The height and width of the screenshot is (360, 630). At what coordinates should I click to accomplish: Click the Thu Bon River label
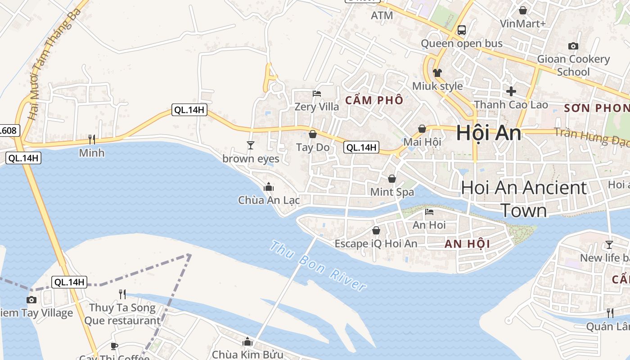[x=318, y=265]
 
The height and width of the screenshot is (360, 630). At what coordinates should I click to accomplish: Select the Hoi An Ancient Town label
[x=524, y=198]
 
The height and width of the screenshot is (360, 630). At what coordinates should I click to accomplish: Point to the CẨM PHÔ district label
[x=374, y=100]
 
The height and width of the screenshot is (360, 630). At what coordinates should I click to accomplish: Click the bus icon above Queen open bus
[x=461, y=30]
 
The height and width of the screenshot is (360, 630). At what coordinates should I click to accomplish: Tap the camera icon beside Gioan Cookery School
[x=573, y=46]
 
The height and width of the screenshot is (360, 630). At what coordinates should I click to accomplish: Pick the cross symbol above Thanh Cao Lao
[x=511, y=91]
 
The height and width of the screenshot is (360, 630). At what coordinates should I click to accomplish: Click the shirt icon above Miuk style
[x=437, y=72]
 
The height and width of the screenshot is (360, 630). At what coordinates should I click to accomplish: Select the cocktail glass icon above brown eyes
[x=251, y=145]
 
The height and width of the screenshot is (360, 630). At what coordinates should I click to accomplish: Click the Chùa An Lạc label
[x=269, y=200]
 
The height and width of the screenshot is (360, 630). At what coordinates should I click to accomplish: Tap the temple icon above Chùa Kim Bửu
[x=247, y=342]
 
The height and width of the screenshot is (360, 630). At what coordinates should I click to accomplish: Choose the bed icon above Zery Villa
[x=317, y=94]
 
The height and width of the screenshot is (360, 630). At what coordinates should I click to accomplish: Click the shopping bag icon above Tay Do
[x=313, y=134]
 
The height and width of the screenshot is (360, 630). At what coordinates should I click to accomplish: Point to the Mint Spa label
[x=392, y=192]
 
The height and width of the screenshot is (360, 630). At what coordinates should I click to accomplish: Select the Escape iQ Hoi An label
[x=376, y=244]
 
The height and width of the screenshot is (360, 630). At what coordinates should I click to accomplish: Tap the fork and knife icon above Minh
[x=92, y=139]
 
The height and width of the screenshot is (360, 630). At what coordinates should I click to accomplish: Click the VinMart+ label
[x=523, y=23]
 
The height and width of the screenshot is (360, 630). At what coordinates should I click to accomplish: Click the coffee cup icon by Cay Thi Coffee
[x=114, y=346]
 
